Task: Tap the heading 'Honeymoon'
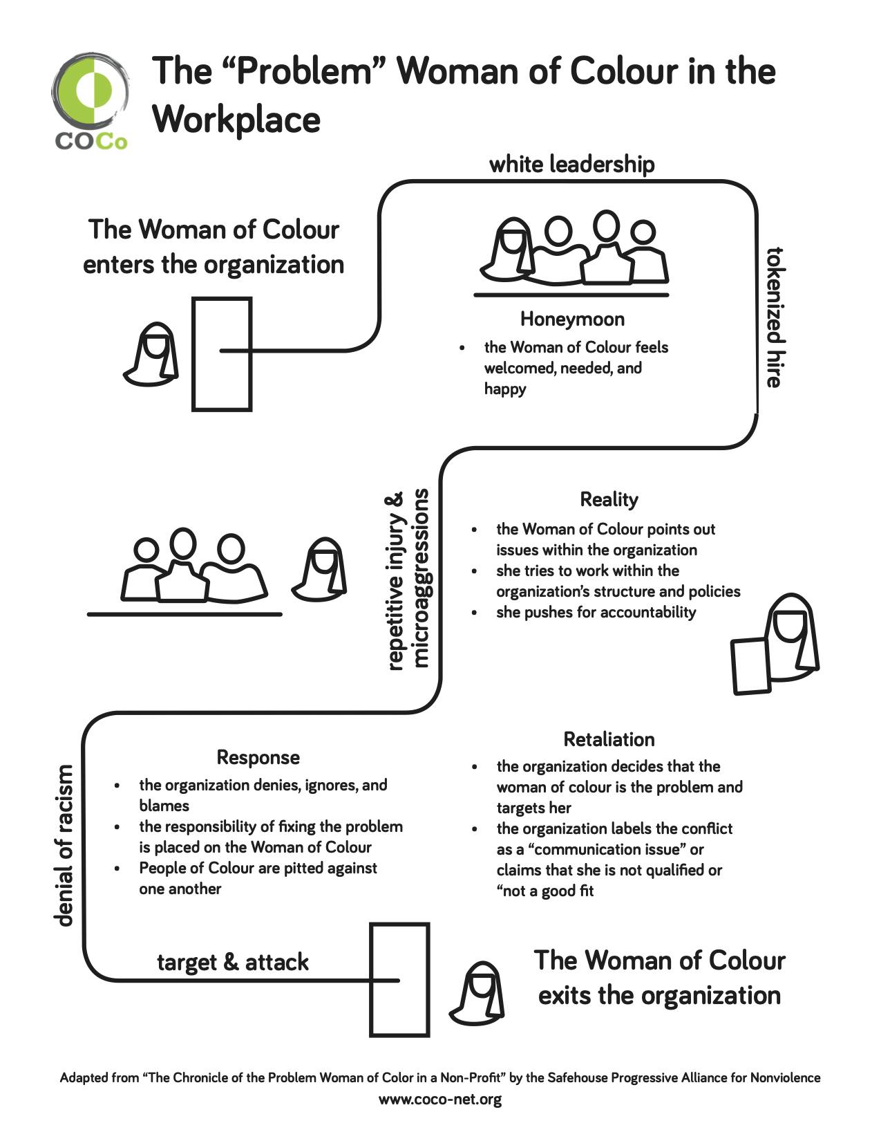pyautogui.click(x=572, y=319)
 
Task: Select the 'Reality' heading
pyautogui.click(x=609, y=499)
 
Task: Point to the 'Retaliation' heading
pyautogui.click(x=609, y=739)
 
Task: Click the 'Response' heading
pyautogui.click(x=258, y=757)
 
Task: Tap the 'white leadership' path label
pyautogui.click(x=571, y=165)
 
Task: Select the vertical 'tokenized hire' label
pyautogui.click(x=774, y=317)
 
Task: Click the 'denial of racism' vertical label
pyautogui.click(x=64, y=845)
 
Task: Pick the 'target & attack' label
pyautogui.click(x=233, y=962)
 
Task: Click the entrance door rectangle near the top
pyautogui.click(x=221, y=354)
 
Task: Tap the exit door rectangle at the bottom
pyautogui.click(x=399, y=979)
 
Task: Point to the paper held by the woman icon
pyautogui.click(x=751, y=667)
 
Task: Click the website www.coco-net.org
pyautogui.click(x=440, y=1099)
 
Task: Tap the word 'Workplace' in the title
pyautogui.click(x=236, y=119)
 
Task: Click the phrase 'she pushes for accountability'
pyautogui.click(x=596, y=612)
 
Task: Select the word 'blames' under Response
pyautogui.click(x=164, y=806)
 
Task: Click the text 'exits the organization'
pyautogui.click(x=659, y=996)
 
